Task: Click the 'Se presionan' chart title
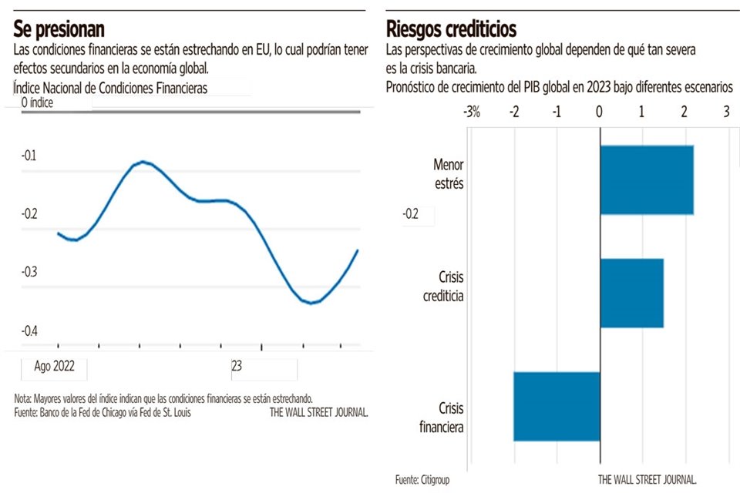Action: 59,29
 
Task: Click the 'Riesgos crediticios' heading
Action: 451,29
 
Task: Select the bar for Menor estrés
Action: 647,179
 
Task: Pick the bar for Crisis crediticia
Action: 631,293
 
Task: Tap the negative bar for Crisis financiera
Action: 557,406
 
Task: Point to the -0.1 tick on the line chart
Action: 29,156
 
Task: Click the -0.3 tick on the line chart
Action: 29,272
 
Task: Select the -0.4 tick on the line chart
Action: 29,330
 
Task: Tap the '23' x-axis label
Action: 237,367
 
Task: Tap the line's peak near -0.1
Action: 143,162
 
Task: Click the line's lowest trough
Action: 311,303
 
